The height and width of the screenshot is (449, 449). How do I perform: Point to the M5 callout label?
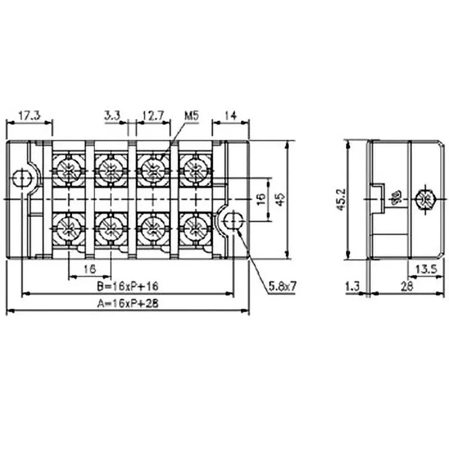(191, 116)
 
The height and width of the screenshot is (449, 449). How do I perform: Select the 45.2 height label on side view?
(341, 199)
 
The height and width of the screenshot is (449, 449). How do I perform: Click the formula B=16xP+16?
(127, 286)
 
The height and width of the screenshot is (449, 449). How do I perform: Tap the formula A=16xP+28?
(127, 304)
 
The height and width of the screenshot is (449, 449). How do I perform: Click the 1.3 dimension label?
(352, 287)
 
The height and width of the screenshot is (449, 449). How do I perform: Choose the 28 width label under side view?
(407, 287)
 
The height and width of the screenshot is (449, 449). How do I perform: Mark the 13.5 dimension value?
(424, 269)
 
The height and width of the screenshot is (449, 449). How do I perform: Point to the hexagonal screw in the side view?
(428, 199)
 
